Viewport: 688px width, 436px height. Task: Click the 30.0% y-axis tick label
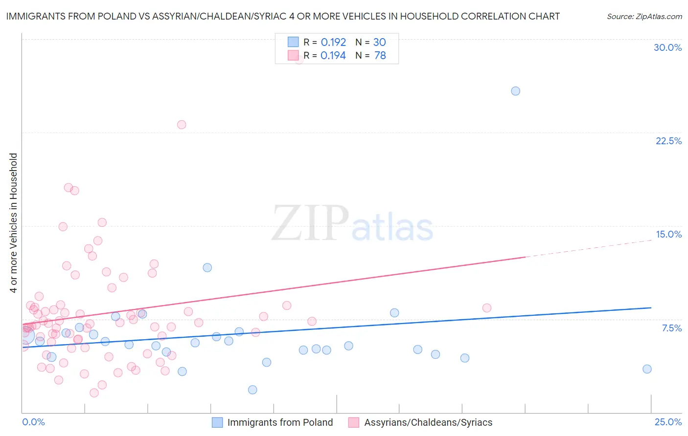coord(667,47)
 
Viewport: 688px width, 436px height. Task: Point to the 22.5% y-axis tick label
coord(668,141)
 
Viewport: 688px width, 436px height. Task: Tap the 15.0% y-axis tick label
coord(668,234)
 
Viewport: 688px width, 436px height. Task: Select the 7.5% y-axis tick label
coord(671,328)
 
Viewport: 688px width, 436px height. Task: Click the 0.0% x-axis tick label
coord(33,422)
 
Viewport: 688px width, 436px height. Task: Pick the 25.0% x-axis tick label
coord(668,422)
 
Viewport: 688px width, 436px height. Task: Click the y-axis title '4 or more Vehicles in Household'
coord(13,223)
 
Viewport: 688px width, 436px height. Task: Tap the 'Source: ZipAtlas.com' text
coord(644,16)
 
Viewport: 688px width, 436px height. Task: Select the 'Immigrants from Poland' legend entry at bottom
coord(280,422)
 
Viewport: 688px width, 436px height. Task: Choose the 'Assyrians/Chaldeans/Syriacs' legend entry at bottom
coord(428,422)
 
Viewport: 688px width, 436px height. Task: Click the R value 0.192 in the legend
coord(333,42)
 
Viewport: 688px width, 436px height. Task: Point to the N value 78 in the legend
coord(380,55)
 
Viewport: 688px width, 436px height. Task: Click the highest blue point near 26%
coord(515,91)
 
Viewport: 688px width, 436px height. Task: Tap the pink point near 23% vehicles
coord(182,125)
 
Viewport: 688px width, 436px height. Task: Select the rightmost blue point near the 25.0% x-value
coord(647,369)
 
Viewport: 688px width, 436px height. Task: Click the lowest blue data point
coord(252,390)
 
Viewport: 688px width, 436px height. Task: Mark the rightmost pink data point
coord(486,308)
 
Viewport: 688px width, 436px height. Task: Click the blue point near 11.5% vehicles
coord(207,267)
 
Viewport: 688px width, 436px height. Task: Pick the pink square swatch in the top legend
coord(293,55)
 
